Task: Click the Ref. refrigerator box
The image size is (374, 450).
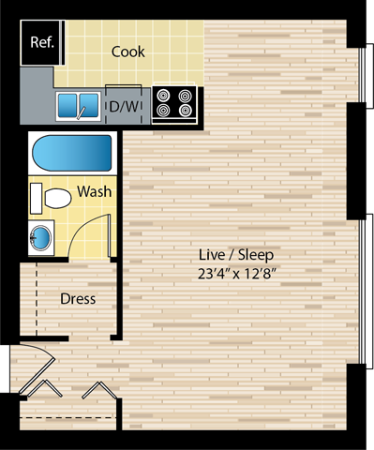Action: point(40,44)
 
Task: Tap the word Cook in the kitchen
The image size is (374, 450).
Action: point(128,52)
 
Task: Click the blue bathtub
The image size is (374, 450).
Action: point(72,153)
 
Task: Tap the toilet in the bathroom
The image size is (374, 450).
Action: point(56,198)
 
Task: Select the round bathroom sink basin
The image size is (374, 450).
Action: point(41,237)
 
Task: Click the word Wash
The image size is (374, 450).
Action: point(95,191)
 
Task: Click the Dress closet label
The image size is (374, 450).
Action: point(79,299)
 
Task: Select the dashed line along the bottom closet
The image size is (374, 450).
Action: point(66,415)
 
